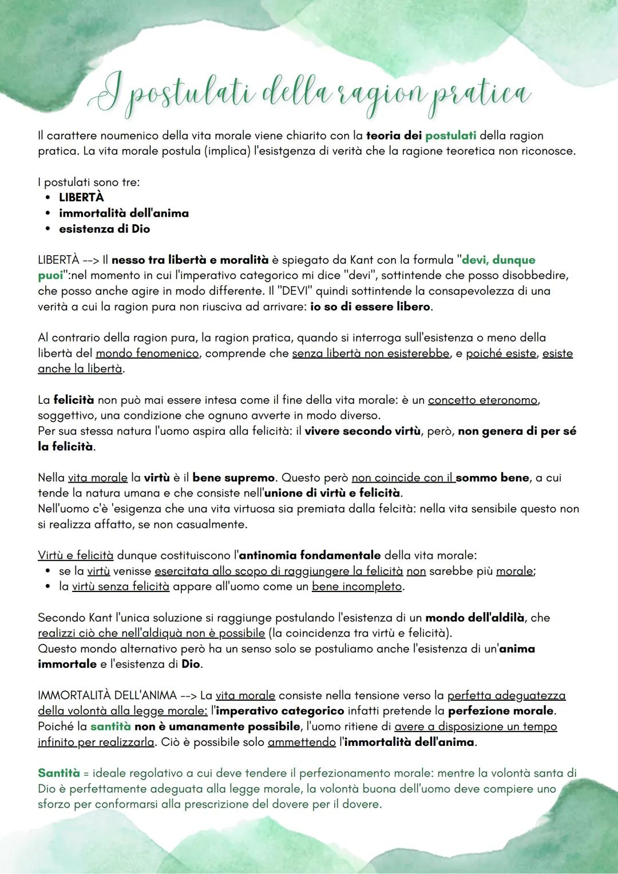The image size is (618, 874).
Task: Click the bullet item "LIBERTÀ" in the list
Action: click(81, 197)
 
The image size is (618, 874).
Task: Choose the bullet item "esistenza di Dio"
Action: click(104, 229)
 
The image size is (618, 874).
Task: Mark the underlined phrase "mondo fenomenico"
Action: click(147, 353)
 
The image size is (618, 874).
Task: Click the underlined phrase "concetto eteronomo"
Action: click(482, 400)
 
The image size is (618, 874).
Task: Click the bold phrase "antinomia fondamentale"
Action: click(310, 555)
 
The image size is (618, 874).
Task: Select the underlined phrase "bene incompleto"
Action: click(356, 586)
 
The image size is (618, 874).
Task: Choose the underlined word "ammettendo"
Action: click(301, 742)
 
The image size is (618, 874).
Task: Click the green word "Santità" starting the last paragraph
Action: click(58, 773)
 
